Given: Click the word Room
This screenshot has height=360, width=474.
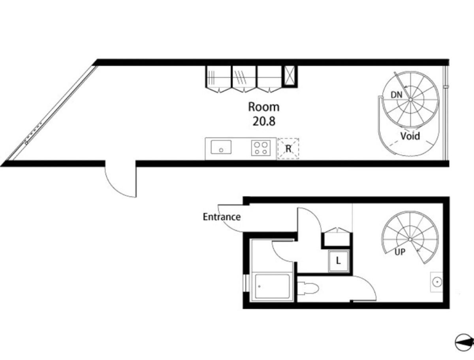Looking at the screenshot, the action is (264, 107).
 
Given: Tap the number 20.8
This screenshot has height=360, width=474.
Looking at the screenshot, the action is (264, 122).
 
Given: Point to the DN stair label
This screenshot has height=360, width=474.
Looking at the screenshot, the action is (397, 95).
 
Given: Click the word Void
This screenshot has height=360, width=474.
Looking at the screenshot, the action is (410, 136).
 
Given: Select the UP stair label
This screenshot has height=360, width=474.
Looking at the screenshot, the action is (400, 252).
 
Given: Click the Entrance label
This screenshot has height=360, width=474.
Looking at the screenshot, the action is (222, 217).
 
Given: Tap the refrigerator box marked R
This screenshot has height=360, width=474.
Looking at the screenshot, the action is (288, 148).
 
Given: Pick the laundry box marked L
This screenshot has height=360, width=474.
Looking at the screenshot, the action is (339, 261).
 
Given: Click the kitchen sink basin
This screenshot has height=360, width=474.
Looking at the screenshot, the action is (221, 147).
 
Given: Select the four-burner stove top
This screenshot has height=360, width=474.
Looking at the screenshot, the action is (261, 148).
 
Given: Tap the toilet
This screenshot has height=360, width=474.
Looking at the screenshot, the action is (308, 289).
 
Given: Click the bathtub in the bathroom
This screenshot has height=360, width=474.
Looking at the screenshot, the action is (272, 287).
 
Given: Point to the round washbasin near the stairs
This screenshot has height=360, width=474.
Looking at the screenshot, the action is (436, 282).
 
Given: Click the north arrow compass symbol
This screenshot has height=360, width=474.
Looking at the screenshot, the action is (464, 342).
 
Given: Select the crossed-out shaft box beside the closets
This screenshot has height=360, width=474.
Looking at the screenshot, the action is (290, 76).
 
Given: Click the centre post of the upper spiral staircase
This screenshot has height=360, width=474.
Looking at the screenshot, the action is (410, 99).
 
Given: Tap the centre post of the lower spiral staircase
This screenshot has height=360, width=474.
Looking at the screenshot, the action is (410, 240).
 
